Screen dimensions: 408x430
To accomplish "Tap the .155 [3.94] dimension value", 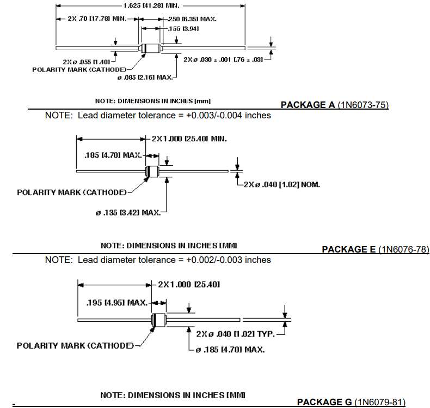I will pos(183,28).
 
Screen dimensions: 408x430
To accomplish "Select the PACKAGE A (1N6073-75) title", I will pos(334,105).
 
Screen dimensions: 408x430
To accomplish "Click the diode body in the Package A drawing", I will pos(151,47).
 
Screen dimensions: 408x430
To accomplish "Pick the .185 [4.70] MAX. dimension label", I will pos(113,155).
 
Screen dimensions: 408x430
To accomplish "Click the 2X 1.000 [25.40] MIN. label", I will pos(189,139).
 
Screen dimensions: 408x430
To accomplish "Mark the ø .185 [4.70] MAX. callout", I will pos(229,349).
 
